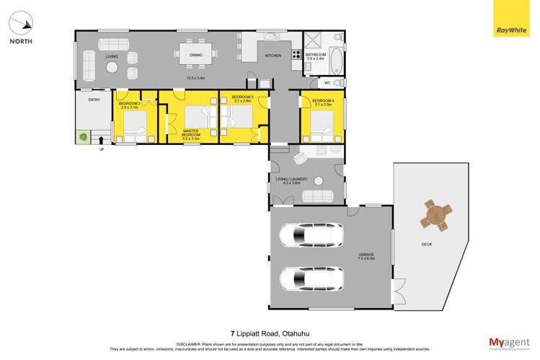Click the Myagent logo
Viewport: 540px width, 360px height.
pos(509,343)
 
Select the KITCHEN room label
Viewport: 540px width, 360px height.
pos(273,56)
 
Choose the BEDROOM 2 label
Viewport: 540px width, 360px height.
pos(129,105)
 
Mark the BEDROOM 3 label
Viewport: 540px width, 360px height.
pos(242,99)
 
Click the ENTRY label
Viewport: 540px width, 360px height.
pos(94,100)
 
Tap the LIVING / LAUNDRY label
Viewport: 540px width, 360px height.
pos(291,180)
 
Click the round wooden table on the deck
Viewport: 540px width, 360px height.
pos(436,214)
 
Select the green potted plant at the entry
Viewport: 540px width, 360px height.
pos(84,136)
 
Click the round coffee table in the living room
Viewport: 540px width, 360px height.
pos(112,68)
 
